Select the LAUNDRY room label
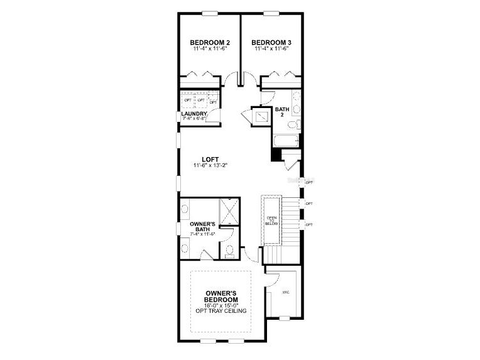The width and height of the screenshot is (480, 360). (194, 114)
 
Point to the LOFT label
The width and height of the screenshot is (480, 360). (210, 159)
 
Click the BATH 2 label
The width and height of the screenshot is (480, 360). (281, 112)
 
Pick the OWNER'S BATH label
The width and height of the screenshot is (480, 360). (202, 226)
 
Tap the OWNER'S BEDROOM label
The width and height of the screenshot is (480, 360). (220, 297)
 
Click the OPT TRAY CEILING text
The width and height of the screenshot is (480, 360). (220, 312)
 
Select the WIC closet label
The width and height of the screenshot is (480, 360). (285, 292)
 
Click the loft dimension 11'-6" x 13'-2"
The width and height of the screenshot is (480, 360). (210, 166)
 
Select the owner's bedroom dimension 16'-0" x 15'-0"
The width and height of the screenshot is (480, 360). (220, 306)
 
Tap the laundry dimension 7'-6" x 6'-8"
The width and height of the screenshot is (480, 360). (194, 119)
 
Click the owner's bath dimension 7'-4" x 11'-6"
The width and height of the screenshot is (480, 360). (202, 234)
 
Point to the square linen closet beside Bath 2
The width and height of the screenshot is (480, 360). (259, 116)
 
